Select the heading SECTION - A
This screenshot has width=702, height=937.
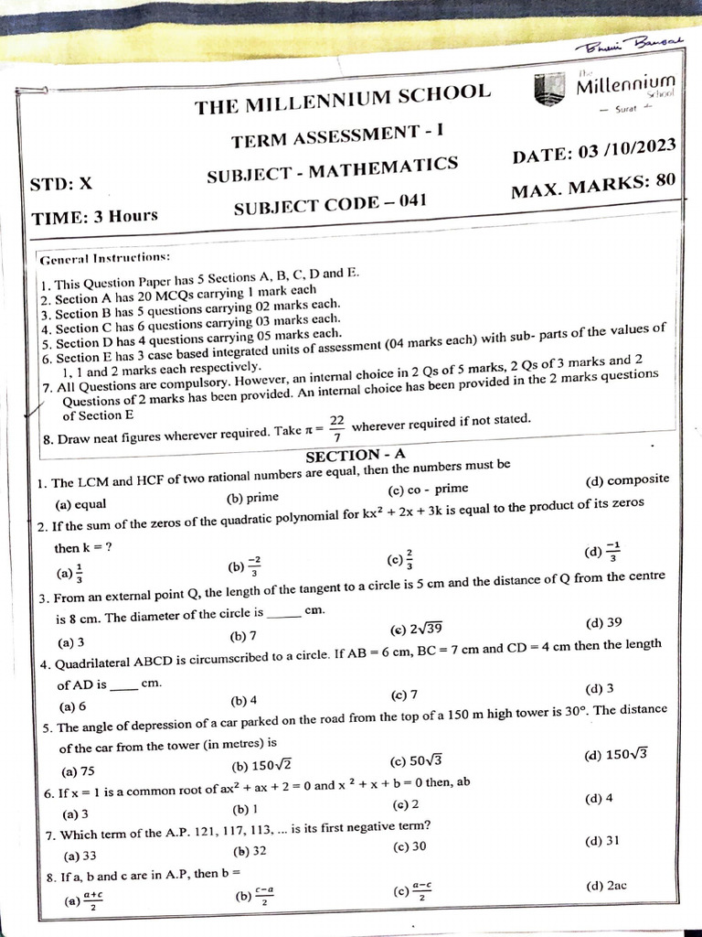click(356, 455)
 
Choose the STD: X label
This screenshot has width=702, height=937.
click(61, 183)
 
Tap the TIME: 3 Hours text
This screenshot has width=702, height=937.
click(95, 217)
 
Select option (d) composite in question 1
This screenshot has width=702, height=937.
click(626, 479)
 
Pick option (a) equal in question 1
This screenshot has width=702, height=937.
click(81, 504)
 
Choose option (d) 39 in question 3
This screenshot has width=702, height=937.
click(604, 622)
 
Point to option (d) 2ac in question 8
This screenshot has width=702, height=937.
click(604, 886)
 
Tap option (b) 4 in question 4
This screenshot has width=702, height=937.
click(244, 701)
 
